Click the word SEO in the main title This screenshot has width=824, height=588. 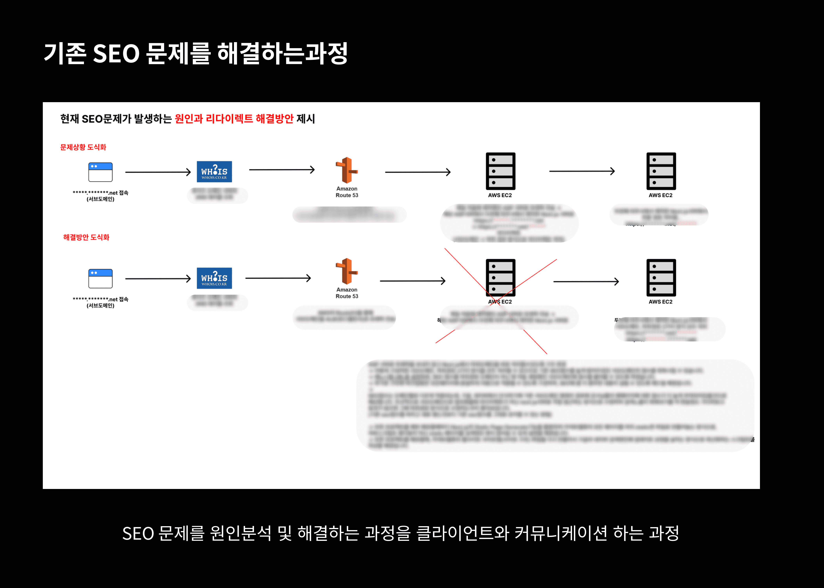point(116,54)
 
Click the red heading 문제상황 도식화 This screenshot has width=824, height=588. point(83,147)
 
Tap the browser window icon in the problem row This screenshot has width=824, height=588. point(100,172)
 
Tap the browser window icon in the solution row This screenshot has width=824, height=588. point(100,278)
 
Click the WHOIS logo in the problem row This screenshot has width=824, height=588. point(214,172)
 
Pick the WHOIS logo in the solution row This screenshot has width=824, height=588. point(214,278)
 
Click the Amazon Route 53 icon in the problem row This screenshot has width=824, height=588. point(347,170)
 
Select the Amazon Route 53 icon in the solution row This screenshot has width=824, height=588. point(347,271)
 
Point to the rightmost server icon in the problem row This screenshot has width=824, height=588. point(661,171)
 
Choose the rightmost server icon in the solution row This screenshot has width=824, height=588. point(661,278)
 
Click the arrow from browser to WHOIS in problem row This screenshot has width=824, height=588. point(158,172)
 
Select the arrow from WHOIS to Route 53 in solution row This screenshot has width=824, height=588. point(278,278)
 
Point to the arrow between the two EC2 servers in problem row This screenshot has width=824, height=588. point(582,171)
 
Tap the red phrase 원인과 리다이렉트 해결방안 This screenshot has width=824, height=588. point(234,119)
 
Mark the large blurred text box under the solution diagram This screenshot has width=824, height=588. point(555,406)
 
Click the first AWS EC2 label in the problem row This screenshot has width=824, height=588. point(500,195)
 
